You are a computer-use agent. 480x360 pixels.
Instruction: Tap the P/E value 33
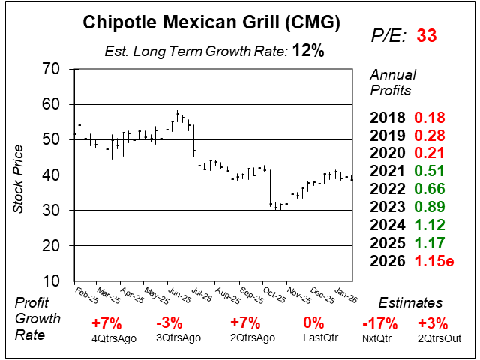pos(427,35)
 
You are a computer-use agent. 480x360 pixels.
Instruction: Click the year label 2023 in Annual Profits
pos(387,208)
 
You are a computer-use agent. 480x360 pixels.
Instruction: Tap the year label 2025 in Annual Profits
pos(387,244)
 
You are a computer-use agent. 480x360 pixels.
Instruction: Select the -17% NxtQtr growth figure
pos(375,323)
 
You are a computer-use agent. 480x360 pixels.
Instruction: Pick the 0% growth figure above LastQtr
pos(313,323)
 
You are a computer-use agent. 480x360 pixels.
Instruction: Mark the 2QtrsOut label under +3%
pos(433,337)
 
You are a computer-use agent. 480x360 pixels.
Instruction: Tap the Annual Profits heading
pos(391,83)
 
